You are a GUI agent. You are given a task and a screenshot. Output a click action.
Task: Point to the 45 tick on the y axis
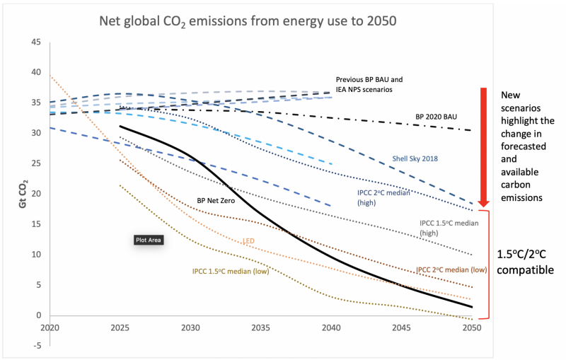coord(35,42)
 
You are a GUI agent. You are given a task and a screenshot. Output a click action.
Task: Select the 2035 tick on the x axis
coord(260,328)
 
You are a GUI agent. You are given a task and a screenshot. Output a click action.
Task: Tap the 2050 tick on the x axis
coord(472,328)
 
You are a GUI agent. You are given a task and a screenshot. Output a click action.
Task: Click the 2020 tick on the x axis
coord(50,328)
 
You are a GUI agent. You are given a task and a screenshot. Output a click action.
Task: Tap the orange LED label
coord(248,241)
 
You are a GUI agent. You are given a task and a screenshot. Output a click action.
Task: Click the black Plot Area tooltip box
coord(149,240)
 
